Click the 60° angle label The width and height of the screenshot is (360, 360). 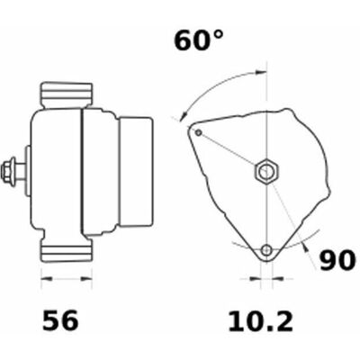(199, 40)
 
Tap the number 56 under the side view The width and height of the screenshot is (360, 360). (60, 320)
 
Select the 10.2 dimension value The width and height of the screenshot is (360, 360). (260, 321)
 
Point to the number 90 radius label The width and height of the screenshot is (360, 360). (337, 260)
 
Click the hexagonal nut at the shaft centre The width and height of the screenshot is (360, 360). (266, 172)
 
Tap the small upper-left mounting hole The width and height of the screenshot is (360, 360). (199, 132)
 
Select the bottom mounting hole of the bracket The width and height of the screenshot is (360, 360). (266, 249)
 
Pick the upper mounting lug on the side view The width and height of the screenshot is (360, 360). (67, 95)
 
